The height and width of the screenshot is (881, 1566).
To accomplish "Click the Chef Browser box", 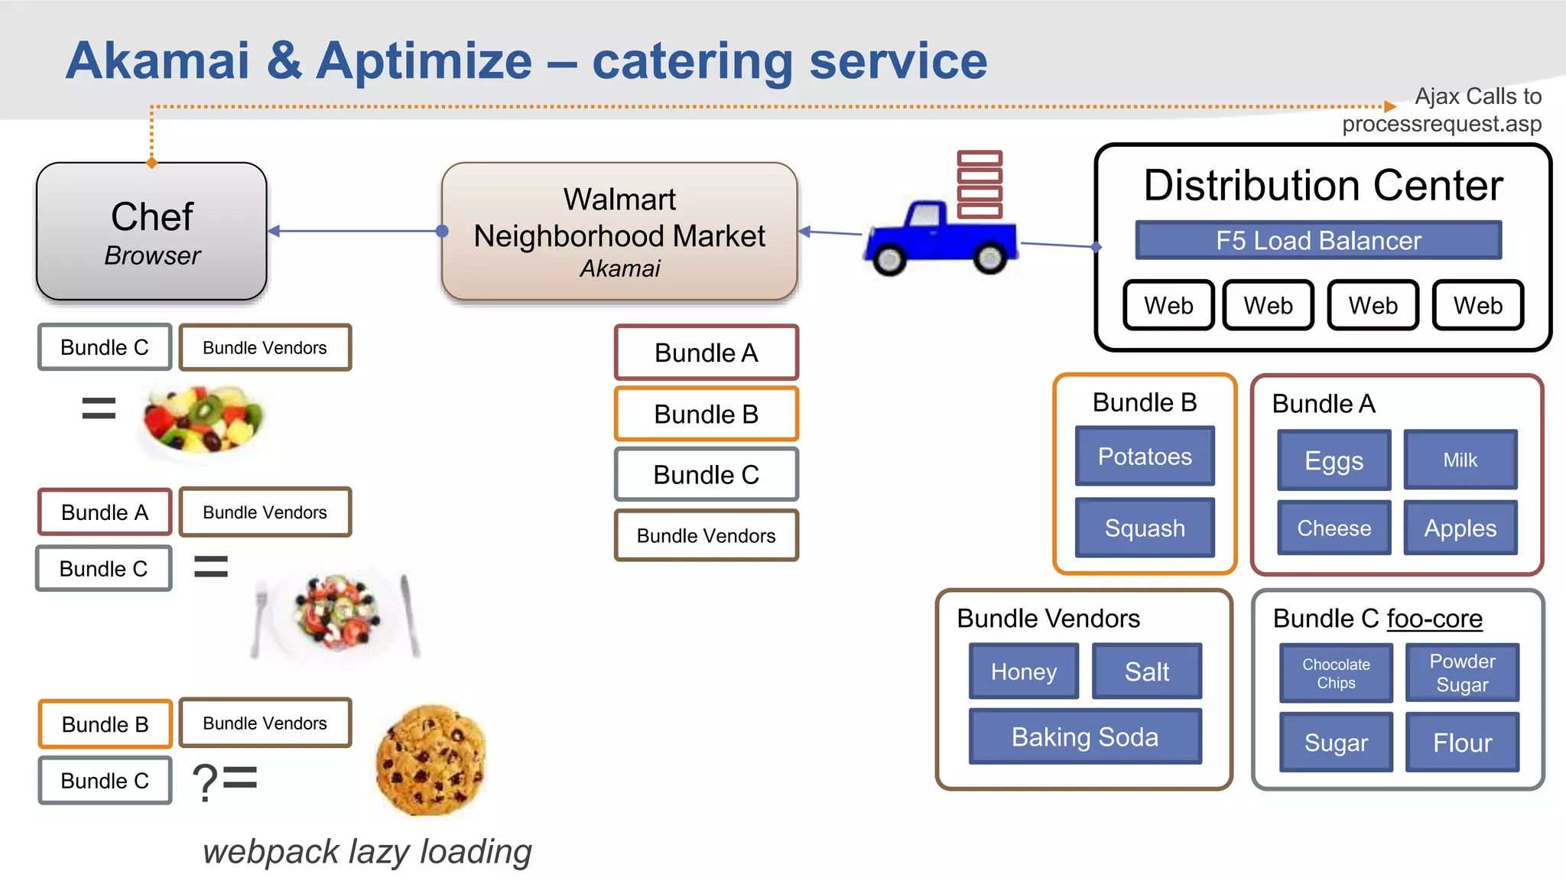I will [x=151, y=231].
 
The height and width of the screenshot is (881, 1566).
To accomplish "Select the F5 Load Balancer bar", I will [x=1318, y=240].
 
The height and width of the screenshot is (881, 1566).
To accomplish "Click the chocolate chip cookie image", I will [x=431, y=759].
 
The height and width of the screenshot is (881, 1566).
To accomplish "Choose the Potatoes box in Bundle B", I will [x=1145, y=457].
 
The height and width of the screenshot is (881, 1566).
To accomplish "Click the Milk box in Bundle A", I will [x=1460, y=460].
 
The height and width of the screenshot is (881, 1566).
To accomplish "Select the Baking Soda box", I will [x=1084, y=736].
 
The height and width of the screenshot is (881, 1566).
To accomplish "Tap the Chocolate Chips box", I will [x=1336, y=673].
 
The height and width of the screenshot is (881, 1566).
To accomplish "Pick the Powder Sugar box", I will [x=1462, y=673].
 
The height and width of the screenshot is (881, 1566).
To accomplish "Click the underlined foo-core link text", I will [x=1434, y=618].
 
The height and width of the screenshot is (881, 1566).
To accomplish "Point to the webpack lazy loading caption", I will [x=367, y=851].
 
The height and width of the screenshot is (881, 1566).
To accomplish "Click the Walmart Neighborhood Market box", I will [x=619, y=231].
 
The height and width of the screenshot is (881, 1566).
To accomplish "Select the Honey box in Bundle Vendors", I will [x=1023, y=671].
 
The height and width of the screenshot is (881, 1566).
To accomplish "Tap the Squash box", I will [x=1145, y=528].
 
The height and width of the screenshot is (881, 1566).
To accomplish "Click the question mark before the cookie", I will [x=205, y=782].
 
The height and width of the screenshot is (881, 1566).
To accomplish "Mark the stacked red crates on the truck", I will [x=980, y=184].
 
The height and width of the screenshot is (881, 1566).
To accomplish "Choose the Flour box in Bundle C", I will [x=1462, y=743].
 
